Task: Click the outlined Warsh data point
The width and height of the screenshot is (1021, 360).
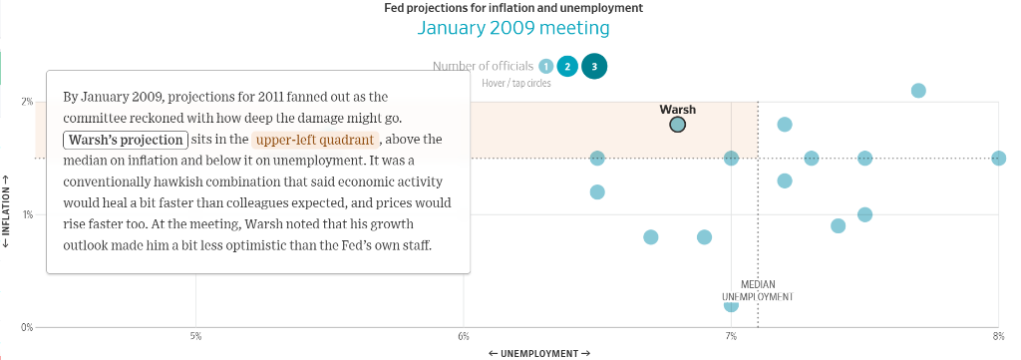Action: click(x=677, y=125)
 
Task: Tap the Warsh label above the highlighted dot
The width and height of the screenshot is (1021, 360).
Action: click(x=677, y=110)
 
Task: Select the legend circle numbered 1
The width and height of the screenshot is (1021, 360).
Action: click(x=546, y=67)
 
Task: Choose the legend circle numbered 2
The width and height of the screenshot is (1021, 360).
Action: click(x=567, y=67)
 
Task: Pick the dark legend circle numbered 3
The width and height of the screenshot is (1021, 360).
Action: click(x=594, y=67)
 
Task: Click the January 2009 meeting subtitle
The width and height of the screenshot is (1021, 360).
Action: click(x=513, y=28)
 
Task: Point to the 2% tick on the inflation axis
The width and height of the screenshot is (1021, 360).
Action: click(x=27, y=102)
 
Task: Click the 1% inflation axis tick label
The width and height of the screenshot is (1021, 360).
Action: click(x=27, y=214)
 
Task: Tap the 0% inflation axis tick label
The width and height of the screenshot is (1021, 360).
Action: click(x=27, y=327)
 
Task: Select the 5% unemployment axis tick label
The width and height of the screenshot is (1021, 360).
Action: click(x=195, y=336)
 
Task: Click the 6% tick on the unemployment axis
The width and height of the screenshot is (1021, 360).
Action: click(x=463, y=336)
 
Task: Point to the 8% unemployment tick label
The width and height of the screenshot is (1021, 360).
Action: click(x=998, y=336)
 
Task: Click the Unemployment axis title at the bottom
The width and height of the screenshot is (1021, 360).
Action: click(x=539, y=353)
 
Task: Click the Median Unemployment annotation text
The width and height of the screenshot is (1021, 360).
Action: click(x=758, y=290)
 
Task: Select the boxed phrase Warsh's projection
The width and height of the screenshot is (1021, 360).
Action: click(x=126, y=140)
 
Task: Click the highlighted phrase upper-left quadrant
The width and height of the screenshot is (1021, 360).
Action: click(x=315, y=140)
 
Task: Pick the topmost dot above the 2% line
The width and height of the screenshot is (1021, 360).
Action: click(x=918, y=91)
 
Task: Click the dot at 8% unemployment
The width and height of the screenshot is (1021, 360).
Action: click(x=998, y=159)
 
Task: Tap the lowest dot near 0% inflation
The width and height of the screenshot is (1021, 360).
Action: click(x=731, y=305)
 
